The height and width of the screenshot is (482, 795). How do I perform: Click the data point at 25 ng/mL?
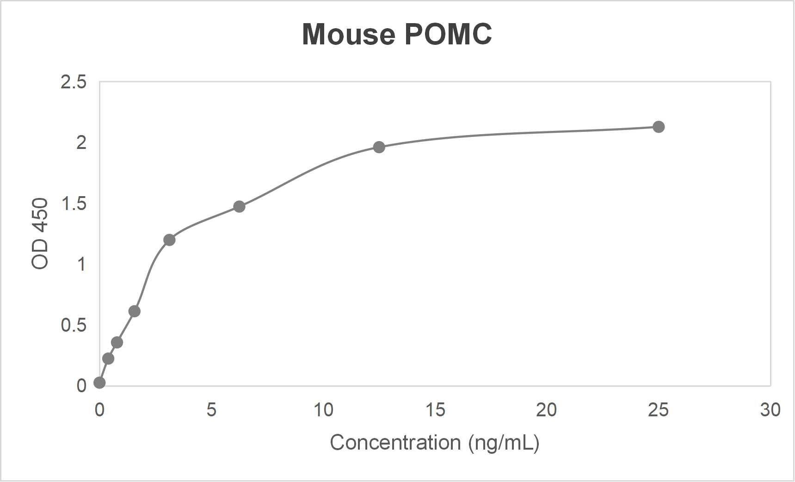click(x=658, y=127)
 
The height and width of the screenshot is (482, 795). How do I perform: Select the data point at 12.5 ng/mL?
click(x=379, y=147)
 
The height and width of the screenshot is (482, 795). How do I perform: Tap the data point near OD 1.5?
click(x=239, y=206)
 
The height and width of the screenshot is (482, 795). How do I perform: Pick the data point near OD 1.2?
click(x=169, y=240)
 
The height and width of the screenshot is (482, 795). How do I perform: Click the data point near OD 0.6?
click(x=134, y=311)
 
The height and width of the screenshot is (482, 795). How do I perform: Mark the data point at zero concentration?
click(x=99, y=383)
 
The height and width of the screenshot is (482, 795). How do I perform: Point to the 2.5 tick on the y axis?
click(x=74, y=82)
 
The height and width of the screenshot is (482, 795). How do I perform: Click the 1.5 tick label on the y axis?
click(x=74, y=204)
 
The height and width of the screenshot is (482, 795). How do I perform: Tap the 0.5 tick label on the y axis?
click(x=74, y=325)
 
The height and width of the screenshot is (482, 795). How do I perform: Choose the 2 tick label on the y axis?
click(x=81, y=143)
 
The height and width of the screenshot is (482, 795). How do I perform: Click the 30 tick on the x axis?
click(x=770, y=410)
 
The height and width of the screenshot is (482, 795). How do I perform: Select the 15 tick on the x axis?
click(x=435, y=410)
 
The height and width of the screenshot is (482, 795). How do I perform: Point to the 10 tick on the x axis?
click(x=323, y=410)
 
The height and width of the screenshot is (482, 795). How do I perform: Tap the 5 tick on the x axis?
click(x=211, y=410)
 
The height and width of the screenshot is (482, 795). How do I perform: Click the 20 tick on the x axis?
click(x=546, y=410)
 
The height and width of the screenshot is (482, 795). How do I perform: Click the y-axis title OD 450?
click(x=40, y=234)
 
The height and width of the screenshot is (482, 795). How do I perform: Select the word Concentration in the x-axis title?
click(x=395, y=443)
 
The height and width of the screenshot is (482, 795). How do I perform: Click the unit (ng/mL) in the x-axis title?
click(x=504, y=443)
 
